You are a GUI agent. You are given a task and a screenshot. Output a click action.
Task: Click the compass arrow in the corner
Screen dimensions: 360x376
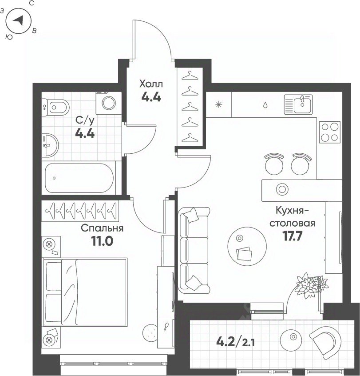pyautogui.click(x=19, y=20)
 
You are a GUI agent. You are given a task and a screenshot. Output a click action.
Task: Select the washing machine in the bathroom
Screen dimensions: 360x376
pyautogui.click(x=109, y=103)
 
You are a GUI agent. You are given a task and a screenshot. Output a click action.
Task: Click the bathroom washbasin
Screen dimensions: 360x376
pyautogui.click(x=50, y=145)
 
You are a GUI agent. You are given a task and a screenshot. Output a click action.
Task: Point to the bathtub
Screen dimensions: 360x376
pyautogui.click(x=79, y=178)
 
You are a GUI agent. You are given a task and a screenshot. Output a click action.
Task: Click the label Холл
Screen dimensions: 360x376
pyautogui.click(x=151, y=84)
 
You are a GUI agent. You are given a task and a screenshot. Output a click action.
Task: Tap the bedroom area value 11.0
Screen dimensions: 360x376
pyautogui.click(x=102, y=241)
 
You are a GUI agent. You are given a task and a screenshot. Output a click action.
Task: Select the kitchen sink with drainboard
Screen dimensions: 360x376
pyautogui.click(x=298, y=104)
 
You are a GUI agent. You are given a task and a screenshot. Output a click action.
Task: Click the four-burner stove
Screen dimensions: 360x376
pyautogui.click(x=330, y=132)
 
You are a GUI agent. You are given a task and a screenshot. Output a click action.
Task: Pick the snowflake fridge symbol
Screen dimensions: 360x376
pyautogui.click(x=218, y=104)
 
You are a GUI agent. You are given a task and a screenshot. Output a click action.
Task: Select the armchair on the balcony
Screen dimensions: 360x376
pyautogui.click(x=325, y=343)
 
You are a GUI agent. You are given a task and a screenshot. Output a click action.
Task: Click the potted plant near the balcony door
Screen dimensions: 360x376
pyautogui.click(x=311, y=285)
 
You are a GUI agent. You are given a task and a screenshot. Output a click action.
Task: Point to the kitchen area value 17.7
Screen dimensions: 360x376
pyautogui.click(x=293, y=236)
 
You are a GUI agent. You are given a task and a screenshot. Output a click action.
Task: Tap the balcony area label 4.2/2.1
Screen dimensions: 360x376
pyautogui.click(x=235, y=342)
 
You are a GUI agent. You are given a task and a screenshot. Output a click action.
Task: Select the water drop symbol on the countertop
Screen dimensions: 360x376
pyautogui.click(x=265, y=105)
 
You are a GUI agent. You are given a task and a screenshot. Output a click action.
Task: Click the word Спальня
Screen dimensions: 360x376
pyautogui.click(x=102, y=228)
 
